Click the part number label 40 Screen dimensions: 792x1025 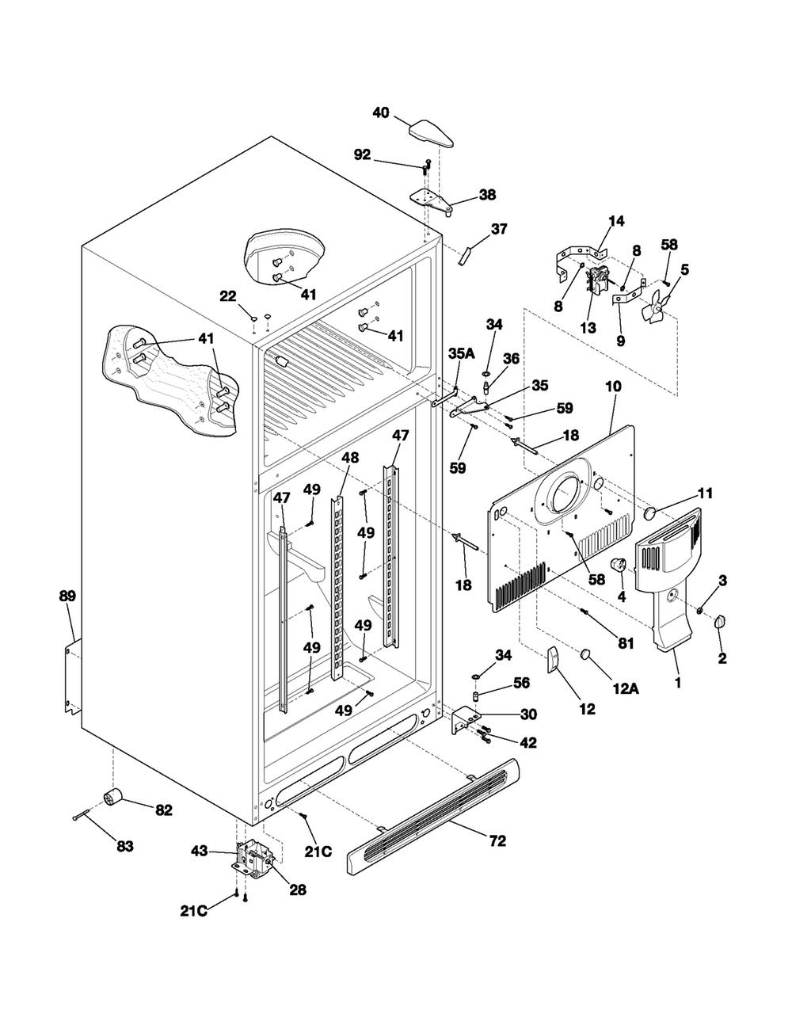(x=381, y=112)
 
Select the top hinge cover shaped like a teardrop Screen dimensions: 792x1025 (x=432, y=134)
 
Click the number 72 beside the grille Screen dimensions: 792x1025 (x=498, y=840)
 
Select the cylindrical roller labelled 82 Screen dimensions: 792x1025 (x=112, y=798)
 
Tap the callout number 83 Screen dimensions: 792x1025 (x=125, y=846)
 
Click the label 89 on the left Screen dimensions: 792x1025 (x=67, y=596)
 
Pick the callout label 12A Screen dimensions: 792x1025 (x=626, y=689)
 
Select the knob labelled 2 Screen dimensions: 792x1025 (x=720, y=622)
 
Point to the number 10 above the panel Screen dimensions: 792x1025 (x=613, y=387)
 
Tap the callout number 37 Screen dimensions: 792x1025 (x=499, y=229)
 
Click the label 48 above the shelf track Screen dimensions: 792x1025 (x=350, y=457)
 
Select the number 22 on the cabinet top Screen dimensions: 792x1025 (x=228, y=296)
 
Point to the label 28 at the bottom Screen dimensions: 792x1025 (x=298, y=890)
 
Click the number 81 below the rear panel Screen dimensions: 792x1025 (x=626, y=643)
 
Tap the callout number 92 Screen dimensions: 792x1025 (x=362, y=154)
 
